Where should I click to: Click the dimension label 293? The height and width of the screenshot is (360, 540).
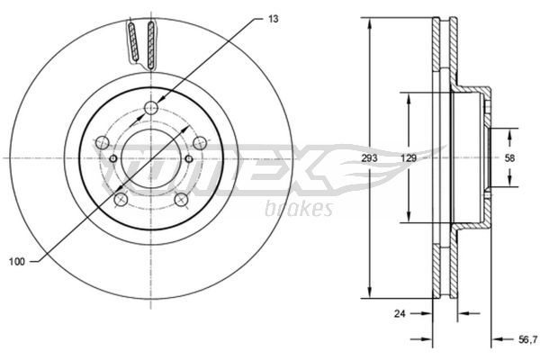coord(369,158)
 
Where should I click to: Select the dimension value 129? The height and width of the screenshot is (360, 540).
coord(409,158)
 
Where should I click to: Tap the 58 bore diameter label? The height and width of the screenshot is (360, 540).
coord(509,158)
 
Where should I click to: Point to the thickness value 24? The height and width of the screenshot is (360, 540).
coord(400,313)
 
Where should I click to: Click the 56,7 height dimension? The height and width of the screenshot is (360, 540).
coord(528,339)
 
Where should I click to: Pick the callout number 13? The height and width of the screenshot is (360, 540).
coord(273,19)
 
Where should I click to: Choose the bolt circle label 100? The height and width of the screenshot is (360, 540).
coord(17,262)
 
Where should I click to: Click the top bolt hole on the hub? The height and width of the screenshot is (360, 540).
coord(151,108)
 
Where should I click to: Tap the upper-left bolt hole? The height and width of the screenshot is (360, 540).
coord(102,142)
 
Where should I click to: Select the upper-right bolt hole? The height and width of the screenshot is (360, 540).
coord(200,142)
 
